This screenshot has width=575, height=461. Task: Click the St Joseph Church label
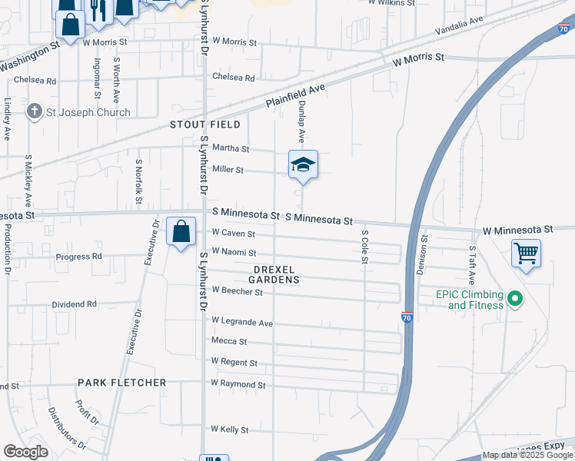pyautogui.click(x=88, y=112)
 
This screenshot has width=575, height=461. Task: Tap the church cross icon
pyautogui.click(x=34, y=112)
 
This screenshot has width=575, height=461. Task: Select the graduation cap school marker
pyautogui.click(x=303, y=165)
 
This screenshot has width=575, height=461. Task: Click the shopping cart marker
pyautogui.click(x=526, y=252)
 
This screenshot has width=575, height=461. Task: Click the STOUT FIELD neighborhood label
pyautogui.click(x=205, y=124)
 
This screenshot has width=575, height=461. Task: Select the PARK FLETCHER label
pyautogui.click(x=121, y=383)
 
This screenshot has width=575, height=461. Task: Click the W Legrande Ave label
pyautogui.click(x=242, y=323)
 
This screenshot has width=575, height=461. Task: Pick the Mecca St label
pyautogui.click(x=229, y=341)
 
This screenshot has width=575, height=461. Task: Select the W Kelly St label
pyautogui.click(x=230, y=429)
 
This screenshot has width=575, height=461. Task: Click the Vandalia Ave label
pyautogui.click(x=459, y=28)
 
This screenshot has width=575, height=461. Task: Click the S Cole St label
pyautogui.click(x=364, y=245)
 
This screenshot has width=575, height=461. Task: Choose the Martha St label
pyautogui.click(x=231, y=149)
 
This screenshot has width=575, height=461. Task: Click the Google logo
pyautogui.click(x=26, y=452)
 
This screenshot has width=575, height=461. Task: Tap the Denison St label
pyautogui.click(x=421, y=261)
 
